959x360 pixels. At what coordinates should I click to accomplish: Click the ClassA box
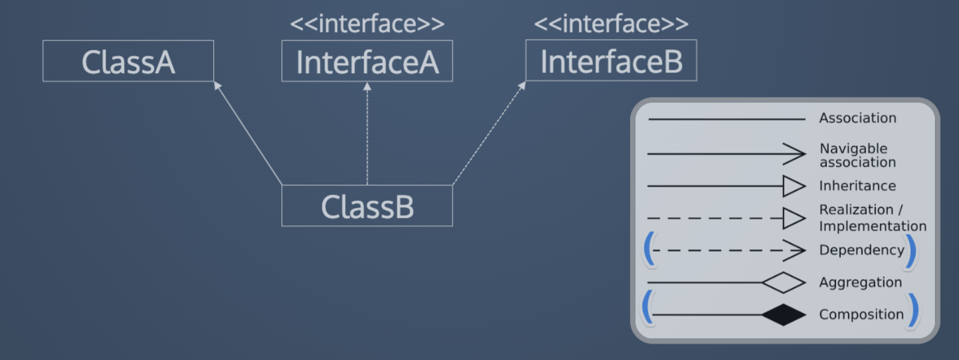point(128,61)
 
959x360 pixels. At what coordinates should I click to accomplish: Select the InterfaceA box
point(367,61)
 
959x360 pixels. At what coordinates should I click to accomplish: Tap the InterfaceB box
point(611,61)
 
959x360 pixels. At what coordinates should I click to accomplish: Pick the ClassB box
point(367,206)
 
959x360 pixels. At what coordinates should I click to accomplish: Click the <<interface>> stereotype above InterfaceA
point(367,24)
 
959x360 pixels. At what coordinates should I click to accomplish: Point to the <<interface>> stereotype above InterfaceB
point(611,24)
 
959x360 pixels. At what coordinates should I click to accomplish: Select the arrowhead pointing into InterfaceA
point(367,86)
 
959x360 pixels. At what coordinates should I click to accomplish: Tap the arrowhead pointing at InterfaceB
point(522,85)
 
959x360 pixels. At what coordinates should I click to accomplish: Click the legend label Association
point(857,118)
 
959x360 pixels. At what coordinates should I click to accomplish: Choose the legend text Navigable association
point(857,155)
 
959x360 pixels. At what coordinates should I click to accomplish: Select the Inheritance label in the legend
point(857,186)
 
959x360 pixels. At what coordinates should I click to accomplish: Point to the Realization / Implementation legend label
point(872,218)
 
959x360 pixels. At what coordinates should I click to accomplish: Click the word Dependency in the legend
point(861,250)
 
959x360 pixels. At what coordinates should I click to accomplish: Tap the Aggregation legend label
point(860,282)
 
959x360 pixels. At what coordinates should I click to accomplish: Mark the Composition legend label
point(861,315)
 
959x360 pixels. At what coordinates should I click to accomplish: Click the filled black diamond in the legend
point(784,315)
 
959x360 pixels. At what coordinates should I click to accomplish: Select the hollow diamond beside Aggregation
point(784,283)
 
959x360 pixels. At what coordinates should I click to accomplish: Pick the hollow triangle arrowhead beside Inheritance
point(794,187)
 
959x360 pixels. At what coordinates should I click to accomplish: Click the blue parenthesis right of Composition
point(914,311)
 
